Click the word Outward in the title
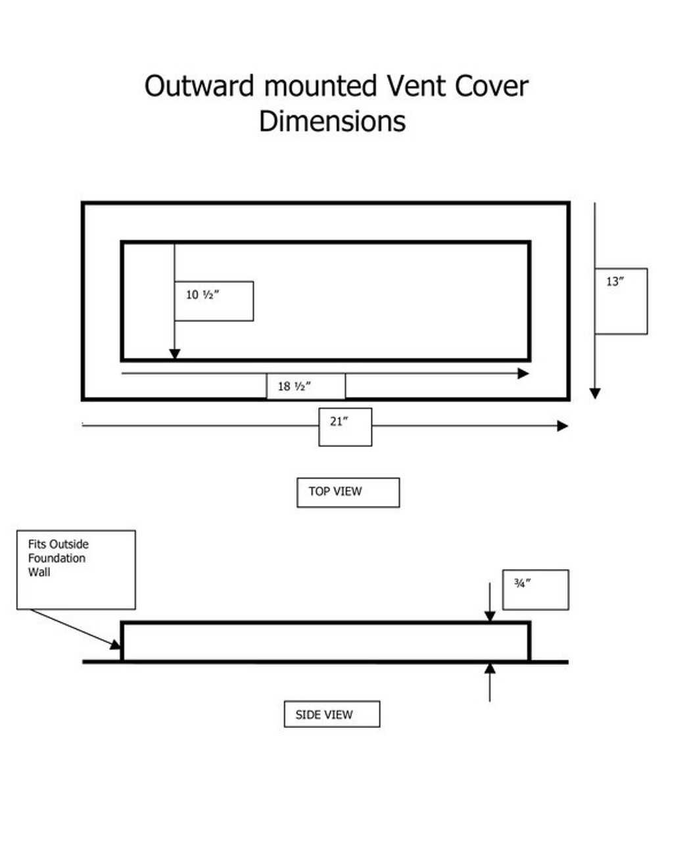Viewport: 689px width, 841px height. coord(199,85)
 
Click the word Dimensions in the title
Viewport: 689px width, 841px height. coord(332,121)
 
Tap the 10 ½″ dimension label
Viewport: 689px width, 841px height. coord(202,295)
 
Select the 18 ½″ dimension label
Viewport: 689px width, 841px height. coord(294,386)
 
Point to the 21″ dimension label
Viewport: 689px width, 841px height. coord(339,421)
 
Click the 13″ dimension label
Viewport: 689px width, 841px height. coord(615,281)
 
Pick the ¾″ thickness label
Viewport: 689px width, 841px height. coord(522,583)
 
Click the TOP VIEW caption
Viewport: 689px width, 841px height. coord(335,491)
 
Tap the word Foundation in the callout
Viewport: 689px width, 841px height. coord(57,558)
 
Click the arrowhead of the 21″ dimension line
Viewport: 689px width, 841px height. coord(563,426)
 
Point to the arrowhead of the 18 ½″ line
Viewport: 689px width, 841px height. coord(523,374)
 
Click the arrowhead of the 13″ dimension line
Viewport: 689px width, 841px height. coord(595,394)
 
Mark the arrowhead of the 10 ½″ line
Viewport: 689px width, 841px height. coord(175,354)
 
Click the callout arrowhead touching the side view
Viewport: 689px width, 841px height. coord(116,645)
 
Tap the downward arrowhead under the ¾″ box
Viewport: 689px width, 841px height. coord(490,616)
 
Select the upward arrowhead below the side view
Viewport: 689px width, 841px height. coord(490,669)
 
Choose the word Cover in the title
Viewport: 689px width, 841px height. coord(492,85)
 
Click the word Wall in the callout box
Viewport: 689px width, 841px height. coord(39,572)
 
